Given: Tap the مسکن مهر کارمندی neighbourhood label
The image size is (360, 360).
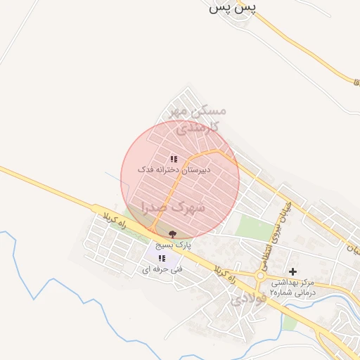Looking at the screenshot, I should tap(196, 120).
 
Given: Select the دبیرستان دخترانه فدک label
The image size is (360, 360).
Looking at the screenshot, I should tap(169, 170).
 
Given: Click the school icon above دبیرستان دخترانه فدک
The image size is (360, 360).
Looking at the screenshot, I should tap(174, 160).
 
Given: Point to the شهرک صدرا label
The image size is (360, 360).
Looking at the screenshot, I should tap(173, 207).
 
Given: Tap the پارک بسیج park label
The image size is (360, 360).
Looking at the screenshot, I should tap(173, 245).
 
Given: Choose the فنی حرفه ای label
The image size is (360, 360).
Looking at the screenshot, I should tap(162, 269).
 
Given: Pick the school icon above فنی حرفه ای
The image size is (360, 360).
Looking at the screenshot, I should tap(162, 258).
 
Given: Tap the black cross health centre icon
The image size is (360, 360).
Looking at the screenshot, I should tap(292, 271).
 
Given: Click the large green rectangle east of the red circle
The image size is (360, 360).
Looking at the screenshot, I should tap(255, 227).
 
